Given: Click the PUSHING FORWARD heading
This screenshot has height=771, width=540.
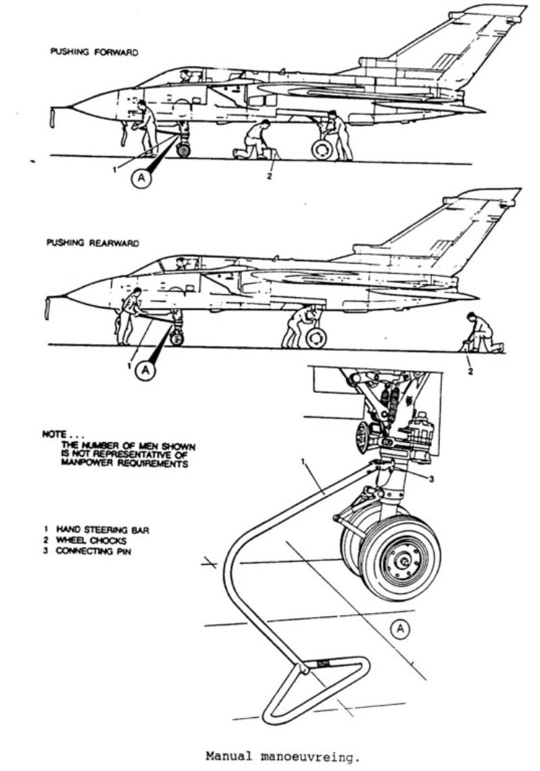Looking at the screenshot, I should pos(94,52).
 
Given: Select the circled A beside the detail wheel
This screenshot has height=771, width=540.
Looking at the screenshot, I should pos(400,629).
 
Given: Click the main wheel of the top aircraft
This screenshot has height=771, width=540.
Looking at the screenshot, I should pos(322,149).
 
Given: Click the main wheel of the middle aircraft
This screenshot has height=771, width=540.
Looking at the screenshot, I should pos(315,337).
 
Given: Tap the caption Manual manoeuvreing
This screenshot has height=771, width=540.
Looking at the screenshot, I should pos(279,757).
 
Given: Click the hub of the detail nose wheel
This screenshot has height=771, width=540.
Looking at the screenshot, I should pos(402,559).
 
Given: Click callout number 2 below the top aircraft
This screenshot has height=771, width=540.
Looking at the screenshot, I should pos(268,178).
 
